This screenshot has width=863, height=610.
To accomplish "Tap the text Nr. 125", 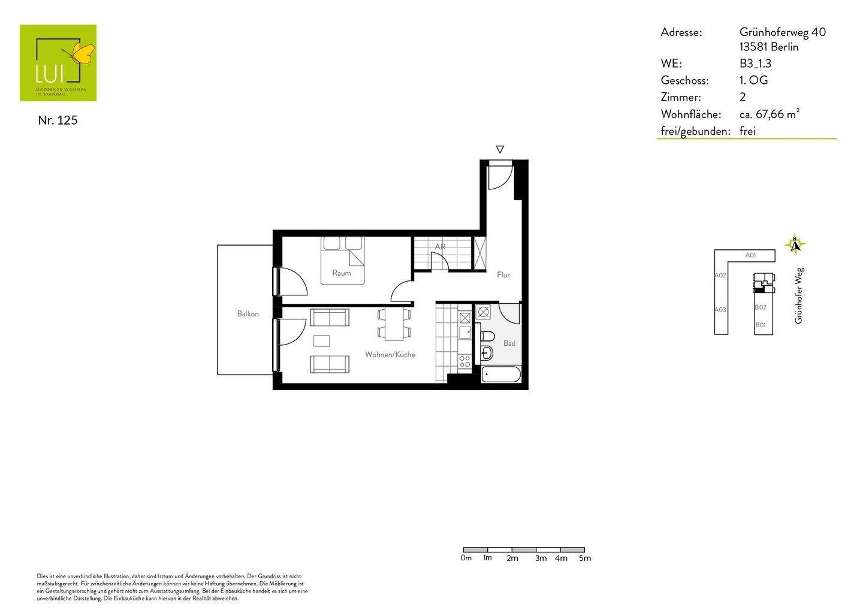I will tap(58, 120).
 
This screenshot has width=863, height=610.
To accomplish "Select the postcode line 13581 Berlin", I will tap(768, 47).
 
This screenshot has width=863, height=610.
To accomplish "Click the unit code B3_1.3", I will tap(755, 64).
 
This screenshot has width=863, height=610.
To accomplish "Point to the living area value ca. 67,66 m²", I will tap(769, 114).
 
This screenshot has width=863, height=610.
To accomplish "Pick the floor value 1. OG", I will tap(753, 80).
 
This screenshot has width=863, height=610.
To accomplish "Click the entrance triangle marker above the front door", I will tap(500, 149).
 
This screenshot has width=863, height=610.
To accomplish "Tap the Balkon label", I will tap(248, 313).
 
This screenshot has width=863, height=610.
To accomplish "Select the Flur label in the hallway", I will tap(503, 274).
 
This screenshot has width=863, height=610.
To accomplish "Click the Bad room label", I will tap(509, 343).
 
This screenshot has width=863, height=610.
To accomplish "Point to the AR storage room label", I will tap(440, 246).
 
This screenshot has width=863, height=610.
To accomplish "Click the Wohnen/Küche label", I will tap(390, 354).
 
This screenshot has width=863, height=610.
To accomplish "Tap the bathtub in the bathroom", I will tap(501, 376).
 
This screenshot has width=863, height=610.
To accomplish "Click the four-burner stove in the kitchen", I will tap(464, 361).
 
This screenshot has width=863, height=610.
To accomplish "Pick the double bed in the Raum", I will tap(342, 259).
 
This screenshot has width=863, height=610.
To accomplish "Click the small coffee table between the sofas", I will tap(322, 340).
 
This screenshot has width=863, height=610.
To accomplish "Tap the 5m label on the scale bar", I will tap(585, 558).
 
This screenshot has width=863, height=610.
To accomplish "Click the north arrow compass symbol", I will tap(795, 244).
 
